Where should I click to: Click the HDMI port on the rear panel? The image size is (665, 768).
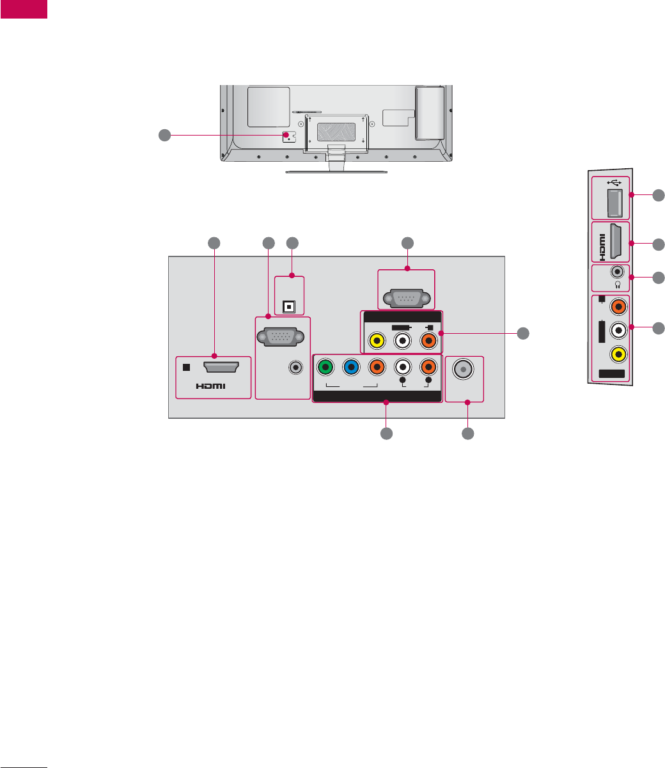click(x=221, y=367)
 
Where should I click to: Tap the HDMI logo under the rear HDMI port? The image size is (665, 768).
click(x=212, y=386)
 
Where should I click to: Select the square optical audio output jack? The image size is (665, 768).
click(x=289, y=306)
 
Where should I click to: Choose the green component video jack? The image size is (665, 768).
click(x=325, y=368)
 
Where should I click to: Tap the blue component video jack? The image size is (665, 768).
click(x=351, y=368)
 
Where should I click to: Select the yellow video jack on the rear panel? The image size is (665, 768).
click(x=377, y=340)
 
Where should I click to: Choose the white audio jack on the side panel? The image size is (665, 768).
click(x=618, y=330)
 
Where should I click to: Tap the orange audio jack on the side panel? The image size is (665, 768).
click(x=618, y=308)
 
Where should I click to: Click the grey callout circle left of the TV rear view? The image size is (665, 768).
click(x=164, y=135)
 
